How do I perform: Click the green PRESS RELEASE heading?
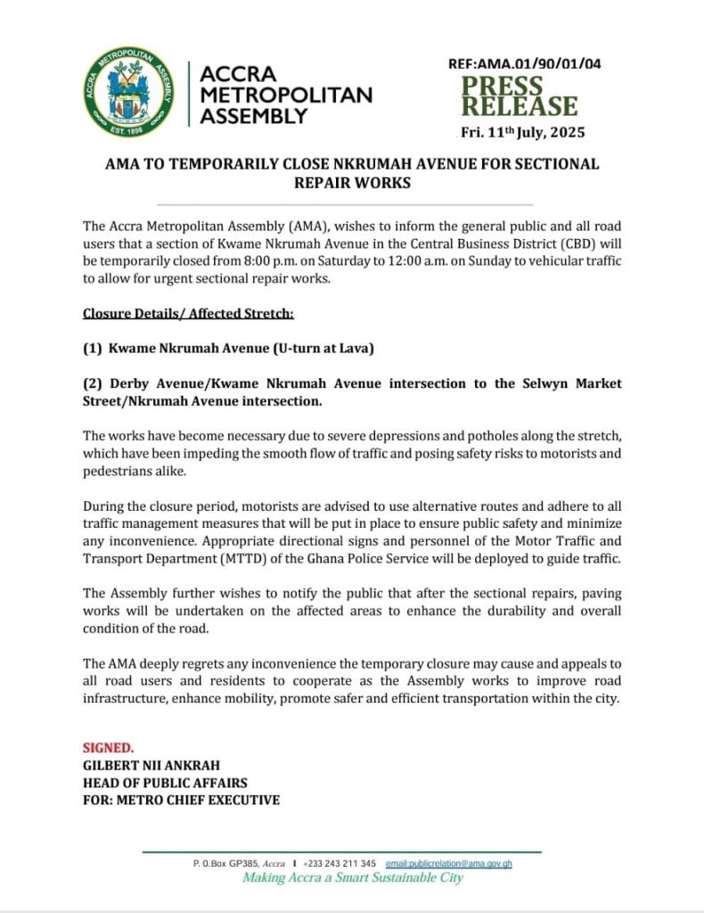point(519,96)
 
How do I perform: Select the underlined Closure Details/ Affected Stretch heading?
point(188,314)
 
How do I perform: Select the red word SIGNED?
point(109,747)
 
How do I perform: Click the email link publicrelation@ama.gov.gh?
point(448,863)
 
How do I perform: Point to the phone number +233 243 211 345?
point(340,863)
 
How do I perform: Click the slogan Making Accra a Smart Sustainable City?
point(354,878)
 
